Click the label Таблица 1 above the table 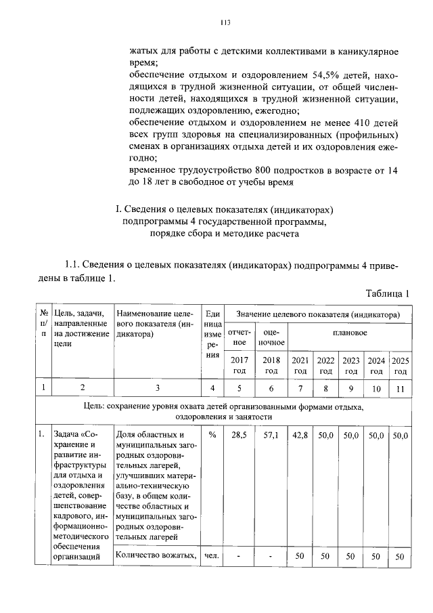coord(388,293)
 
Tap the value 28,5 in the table coord(240,436)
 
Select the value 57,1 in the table coord(271,436)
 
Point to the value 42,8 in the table coord(300,436)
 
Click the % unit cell coord(212,436)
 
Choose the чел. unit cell coord(212,556)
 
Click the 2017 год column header coord(240,366)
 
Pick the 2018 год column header coord(271,366)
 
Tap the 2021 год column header coord(300,366)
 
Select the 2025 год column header coord(401,366)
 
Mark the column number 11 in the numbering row coord(401,388)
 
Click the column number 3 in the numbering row coord(157,388)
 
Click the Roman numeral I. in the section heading coord(119,209)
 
